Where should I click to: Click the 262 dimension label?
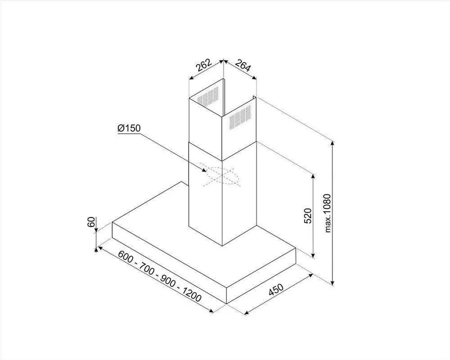click(x=204, y=65)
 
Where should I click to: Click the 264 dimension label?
click(x=243, y=65)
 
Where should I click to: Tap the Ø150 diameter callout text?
click(x=129, y=128)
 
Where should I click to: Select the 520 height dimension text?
click(x=307, y=216)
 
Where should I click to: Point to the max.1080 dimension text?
click(x=327, y=213)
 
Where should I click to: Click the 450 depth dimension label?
click(x=276, y=289)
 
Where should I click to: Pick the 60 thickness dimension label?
click(x=91, y=222)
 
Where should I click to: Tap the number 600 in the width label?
click(x=125, y=256)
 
